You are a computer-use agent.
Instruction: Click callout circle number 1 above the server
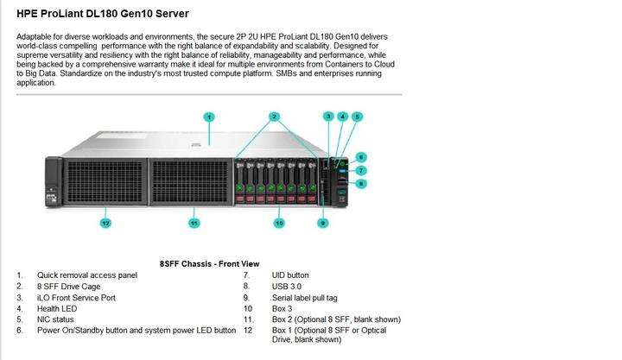click(x=209, y=116)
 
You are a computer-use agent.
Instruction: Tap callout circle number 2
click(x=275, y=116)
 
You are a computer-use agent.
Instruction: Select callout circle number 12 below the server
click(x=105, y=223)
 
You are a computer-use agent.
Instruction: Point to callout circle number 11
click(x=194, y=223)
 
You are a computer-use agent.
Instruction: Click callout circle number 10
click(x=279, y=223)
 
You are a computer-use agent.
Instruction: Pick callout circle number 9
click(x=322, y=223)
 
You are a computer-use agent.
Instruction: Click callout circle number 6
click(x=361, y=156)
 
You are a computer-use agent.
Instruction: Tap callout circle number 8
click(x=361, y=183)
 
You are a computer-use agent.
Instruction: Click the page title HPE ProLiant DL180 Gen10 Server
click(x=103, y=14)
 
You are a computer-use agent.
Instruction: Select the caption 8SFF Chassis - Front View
click(x=209, y=263)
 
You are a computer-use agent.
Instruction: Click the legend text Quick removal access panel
click(x=86, y=275)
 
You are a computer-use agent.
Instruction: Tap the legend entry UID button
click(x=290, y=275)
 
